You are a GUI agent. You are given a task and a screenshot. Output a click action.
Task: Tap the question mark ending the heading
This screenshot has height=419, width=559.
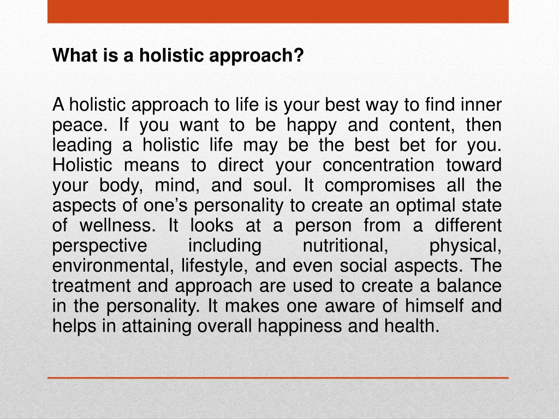[x=299, y=55]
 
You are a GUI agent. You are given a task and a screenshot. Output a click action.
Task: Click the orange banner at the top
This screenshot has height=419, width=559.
[x=278, y=11]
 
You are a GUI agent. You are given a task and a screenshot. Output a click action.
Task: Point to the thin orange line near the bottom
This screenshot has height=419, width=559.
[x=278, y=378]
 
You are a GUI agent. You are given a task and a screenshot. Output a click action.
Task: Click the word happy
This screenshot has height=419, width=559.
[x=311, y=125]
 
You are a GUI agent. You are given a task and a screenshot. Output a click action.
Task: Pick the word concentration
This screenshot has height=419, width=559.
[x=378, y=165]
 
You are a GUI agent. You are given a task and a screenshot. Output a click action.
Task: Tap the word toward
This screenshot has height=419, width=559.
[x=474, y=165]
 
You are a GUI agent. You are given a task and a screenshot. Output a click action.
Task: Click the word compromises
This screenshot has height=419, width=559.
[x=380, y=185]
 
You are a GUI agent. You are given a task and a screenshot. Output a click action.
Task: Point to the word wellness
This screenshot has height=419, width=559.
[x=117, y=225]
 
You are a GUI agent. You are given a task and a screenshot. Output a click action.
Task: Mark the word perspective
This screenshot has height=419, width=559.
[x=100, y=246]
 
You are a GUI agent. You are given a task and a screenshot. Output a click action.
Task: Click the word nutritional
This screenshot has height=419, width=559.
[x=346, y=246]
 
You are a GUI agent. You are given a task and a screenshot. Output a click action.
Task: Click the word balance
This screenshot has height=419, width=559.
[x=469, y=286]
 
